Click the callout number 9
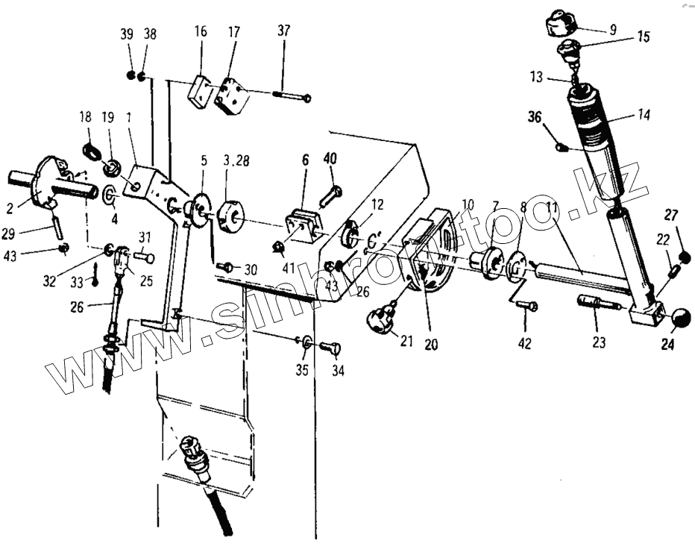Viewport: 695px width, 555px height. (x=613, y=31)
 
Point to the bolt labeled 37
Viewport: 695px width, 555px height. (x=292, y=96)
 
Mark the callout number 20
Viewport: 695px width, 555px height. (x=432, y=345)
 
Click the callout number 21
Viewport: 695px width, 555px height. (x=405, y=341)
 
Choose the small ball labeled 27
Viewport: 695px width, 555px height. (x=685, y=258)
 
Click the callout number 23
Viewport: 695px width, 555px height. (x=599, y=343)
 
